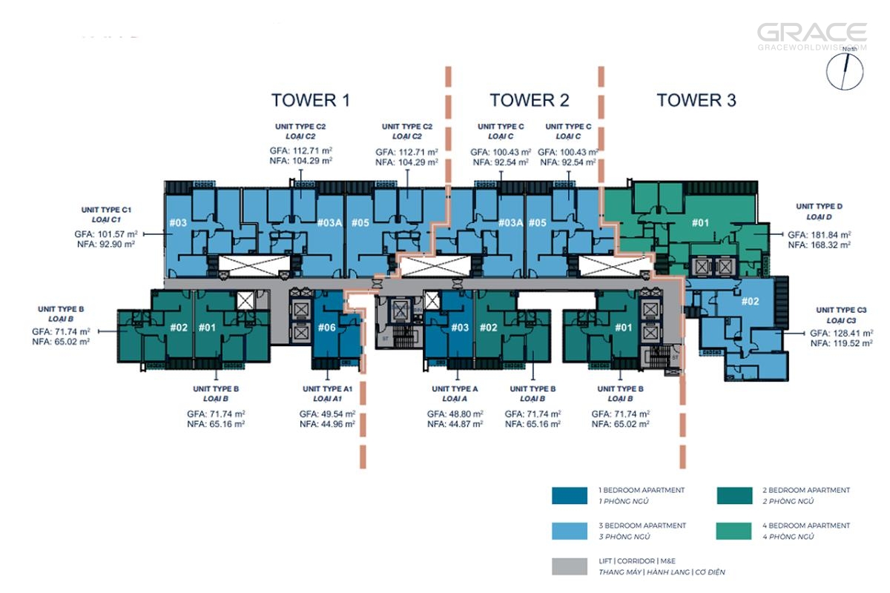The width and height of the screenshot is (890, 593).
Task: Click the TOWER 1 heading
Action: coord(310,100)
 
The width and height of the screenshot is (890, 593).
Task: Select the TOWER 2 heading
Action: coord(529,100)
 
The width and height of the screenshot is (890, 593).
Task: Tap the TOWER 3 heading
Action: coord(696,100)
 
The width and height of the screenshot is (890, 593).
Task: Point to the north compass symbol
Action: coord(845,71)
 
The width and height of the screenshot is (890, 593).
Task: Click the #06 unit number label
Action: coord(327,328)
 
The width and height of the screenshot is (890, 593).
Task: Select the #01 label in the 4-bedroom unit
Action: coord(701,222)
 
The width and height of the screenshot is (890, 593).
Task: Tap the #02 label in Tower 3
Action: coord(750,302)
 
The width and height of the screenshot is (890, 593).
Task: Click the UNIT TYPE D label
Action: coord(819,206)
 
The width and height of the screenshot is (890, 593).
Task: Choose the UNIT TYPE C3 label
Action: coord(842,310)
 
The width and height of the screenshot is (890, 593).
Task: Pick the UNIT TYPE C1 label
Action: coord(101,211)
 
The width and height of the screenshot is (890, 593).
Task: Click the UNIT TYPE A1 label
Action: coord(327,389)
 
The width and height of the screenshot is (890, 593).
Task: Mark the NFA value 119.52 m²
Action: coord(843,344)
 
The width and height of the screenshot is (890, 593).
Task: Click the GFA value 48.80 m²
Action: coord(455,414)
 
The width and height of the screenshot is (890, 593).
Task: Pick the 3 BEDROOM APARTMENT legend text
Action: coord(642,526)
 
